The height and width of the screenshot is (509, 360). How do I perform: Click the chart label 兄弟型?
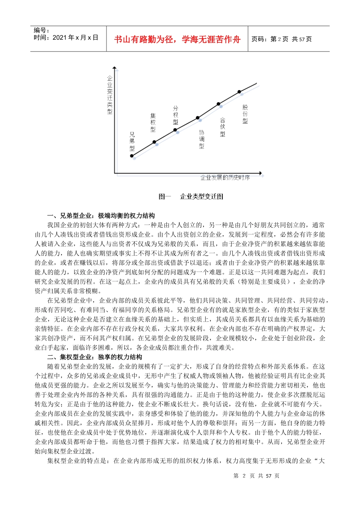coord(132,142)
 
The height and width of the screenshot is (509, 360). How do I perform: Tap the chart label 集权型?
coord(153,122)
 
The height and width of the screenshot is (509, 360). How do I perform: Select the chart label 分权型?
coord(175,115)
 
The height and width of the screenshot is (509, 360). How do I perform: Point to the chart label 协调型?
coord(202,139)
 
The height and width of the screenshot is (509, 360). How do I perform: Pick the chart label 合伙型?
coord(222,127)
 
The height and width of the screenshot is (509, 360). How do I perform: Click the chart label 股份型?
coord(245,114)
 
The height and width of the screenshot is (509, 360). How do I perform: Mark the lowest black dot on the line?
coord(132,156)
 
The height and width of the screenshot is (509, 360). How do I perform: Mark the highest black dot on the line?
coord(239,92)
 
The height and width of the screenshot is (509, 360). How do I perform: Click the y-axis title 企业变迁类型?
coord(110,95)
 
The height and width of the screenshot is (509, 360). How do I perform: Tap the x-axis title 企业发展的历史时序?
coord(225,178)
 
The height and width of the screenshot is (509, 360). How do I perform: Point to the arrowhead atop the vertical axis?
coord(114,69)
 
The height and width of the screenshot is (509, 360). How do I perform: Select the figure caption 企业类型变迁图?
coord(202,196)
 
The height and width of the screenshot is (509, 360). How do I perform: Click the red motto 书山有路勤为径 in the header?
coord(177,39)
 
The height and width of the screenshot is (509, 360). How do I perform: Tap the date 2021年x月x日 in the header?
coord(66,37)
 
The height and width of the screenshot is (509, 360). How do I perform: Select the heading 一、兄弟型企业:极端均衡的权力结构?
coord(101,215)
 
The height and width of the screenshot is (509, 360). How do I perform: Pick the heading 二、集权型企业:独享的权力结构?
coord(95,357)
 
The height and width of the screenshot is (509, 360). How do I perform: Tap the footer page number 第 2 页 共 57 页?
coord(256,476)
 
